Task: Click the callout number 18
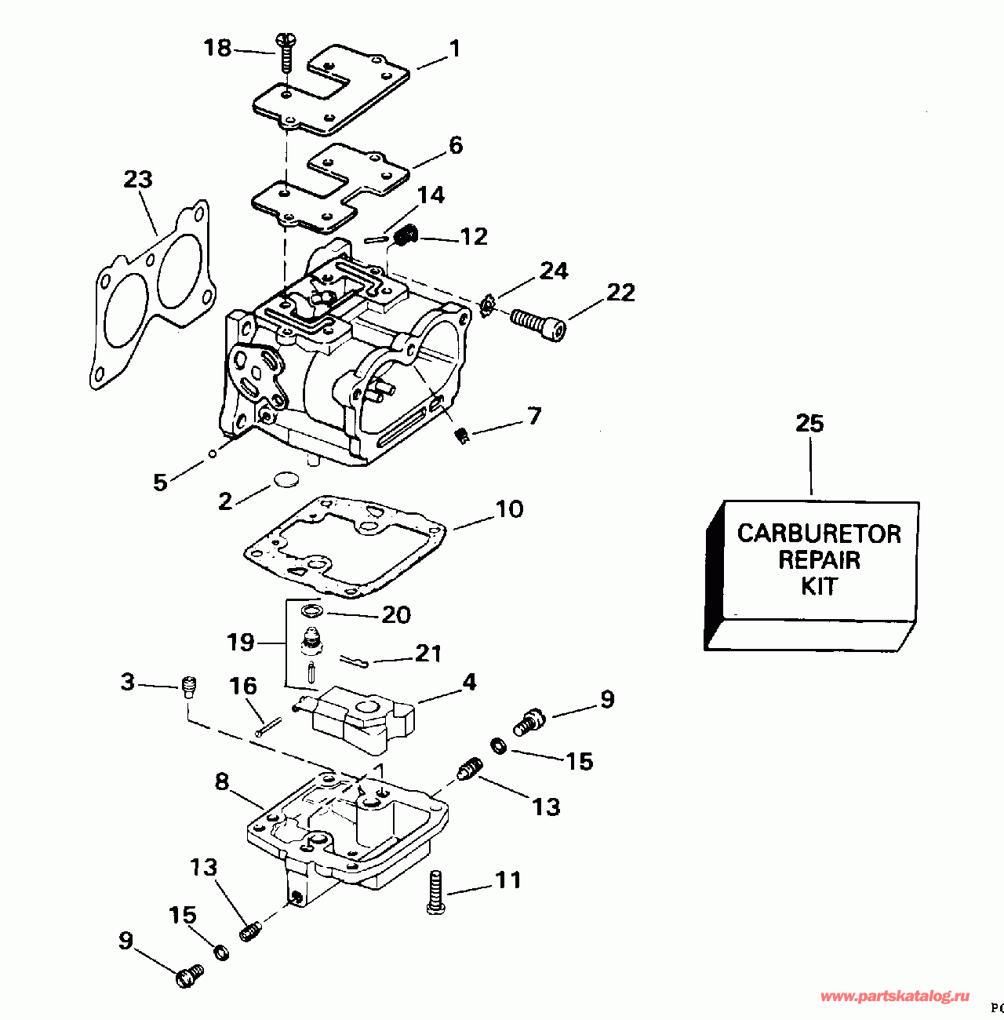tap(217, 49)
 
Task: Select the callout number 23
tap(138, 180)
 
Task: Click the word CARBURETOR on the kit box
tap(819, 534)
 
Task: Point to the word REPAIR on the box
tap(819, 560)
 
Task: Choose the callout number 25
tap(809, 424)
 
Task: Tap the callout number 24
tap(554, 271)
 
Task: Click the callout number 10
tap(509, 509)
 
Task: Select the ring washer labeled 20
tap(311, 610)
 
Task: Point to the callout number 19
tap(241, 643)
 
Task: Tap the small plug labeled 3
tap(188, 686)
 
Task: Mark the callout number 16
tap(243, 687)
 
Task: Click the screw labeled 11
tap(436, 891)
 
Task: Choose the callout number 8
tap(222, 781)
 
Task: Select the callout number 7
tap(534, 415)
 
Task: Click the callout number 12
tap(474, 236)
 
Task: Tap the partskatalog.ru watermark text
tap(894, 996)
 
